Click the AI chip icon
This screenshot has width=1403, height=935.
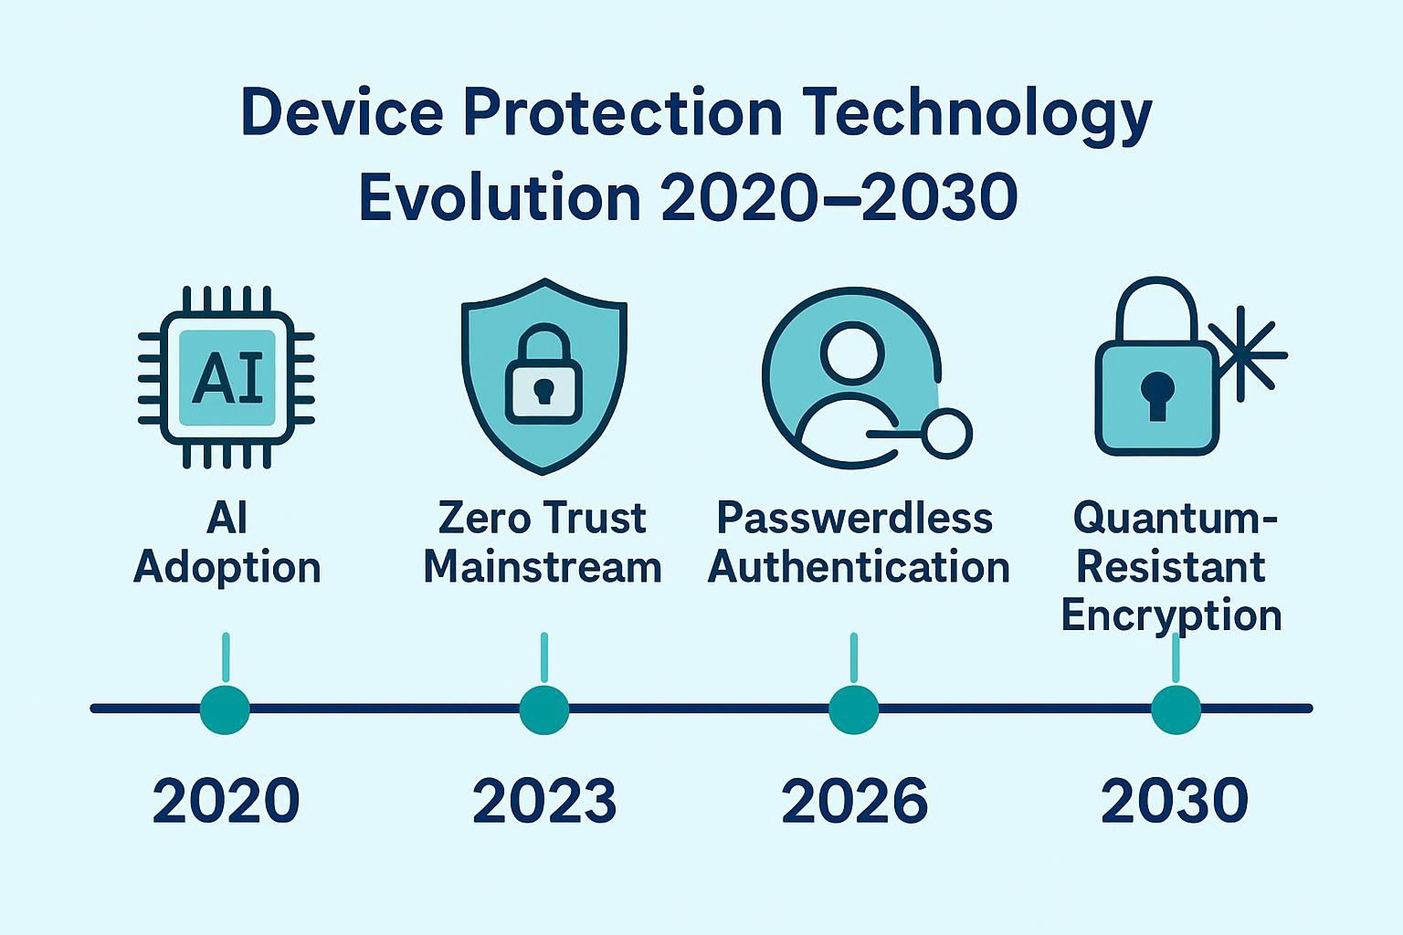227,377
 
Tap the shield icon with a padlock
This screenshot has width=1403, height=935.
543,376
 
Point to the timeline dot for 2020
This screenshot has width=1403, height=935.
225,709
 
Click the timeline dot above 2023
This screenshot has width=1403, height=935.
544,709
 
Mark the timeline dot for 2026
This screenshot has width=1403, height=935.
854,709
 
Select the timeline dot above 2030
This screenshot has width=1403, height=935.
1176,709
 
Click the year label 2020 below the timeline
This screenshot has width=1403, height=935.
227,801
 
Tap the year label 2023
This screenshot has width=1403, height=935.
544,801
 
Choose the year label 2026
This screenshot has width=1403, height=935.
854,801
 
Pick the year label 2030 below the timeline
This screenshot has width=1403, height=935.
1175,801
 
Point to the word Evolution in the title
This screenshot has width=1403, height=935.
501,197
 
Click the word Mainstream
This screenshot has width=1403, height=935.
543,567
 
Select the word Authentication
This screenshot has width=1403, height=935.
859,567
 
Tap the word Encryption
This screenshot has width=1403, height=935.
1171,615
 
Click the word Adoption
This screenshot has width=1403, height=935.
227,569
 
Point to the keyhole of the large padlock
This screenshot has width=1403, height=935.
1157,395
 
